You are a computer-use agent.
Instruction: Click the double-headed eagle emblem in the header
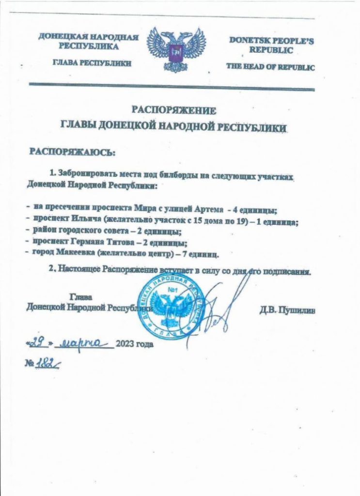click(x=176, y=50)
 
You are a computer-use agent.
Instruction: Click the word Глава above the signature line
click(x=81, y=296)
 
